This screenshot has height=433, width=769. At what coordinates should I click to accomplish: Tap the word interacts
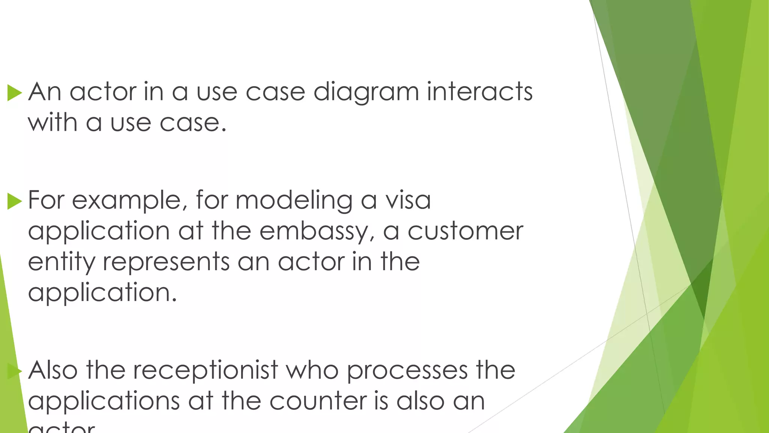tap(479, 92)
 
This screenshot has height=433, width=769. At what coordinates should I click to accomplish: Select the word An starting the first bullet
tap(45, 92)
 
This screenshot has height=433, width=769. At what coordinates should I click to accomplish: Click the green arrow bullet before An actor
tap(15, 92)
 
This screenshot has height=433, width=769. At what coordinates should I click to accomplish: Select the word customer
tap(465, 231)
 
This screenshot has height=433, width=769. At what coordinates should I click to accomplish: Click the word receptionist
tap(205, 371)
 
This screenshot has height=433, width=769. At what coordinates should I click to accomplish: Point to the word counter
tap(318, 401)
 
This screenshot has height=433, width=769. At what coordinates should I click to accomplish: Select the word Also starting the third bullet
tap(53, 370)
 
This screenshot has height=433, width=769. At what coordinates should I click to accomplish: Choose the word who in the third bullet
tap(312, 370)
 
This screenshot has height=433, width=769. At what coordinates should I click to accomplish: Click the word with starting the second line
tap(53, 123)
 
